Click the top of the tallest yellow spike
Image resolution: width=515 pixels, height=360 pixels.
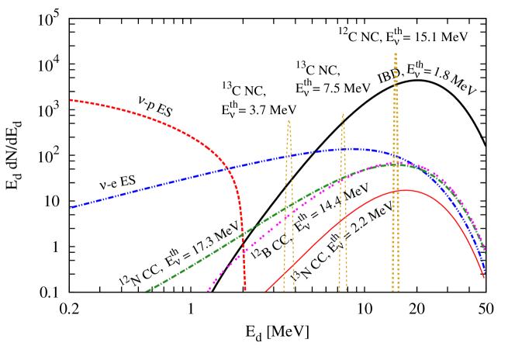point(396,54)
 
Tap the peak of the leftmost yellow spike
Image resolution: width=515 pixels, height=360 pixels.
point(289,120)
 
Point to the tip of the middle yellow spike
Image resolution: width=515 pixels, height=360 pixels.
point(343,114)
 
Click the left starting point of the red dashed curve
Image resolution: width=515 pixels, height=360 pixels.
point(71,100)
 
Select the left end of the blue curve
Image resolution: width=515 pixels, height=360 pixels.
point(71,208)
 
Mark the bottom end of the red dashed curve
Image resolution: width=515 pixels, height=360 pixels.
point(245,291)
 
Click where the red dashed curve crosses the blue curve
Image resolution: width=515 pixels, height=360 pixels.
point(226,168)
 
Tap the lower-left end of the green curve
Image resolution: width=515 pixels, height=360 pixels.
point(146,292)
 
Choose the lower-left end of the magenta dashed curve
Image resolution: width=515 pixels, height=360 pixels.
point(207,292)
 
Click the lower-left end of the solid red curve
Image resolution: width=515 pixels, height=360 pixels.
point(265,292)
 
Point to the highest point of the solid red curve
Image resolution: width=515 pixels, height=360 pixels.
point(406,190)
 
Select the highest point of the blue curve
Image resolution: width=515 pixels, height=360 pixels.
point(351,148)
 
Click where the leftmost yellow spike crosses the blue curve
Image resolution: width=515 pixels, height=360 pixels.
point(287,157)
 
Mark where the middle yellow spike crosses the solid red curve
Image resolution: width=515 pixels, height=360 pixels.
point(342,219)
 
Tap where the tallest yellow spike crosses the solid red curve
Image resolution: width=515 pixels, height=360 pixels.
point(396,191)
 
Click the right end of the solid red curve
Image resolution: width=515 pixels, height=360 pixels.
point(485,278)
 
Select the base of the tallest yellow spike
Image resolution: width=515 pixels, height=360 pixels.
point(396,291)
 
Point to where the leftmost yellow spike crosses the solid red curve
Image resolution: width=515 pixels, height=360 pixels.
point(285,272)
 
